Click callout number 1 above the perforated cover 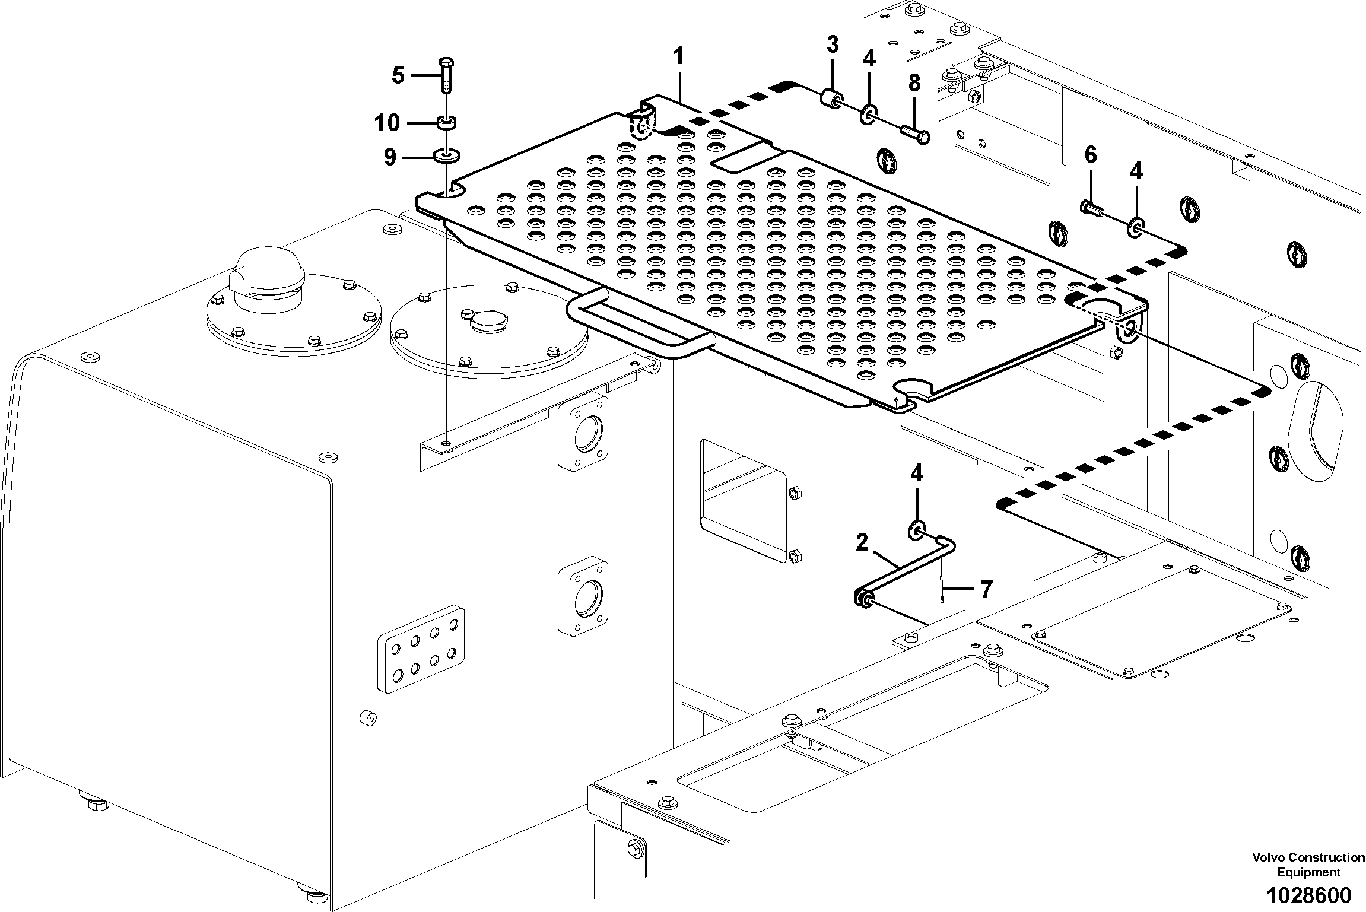[678, 57]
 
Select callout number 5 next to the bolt [398, 75]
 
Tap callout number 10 [387, 123]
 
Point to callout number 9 [390, 157]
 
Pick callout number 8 [914, 82]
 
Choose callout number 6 [1090, 155]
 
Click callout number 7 [986, 589]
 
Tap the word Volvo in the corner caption [1266, 857]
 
